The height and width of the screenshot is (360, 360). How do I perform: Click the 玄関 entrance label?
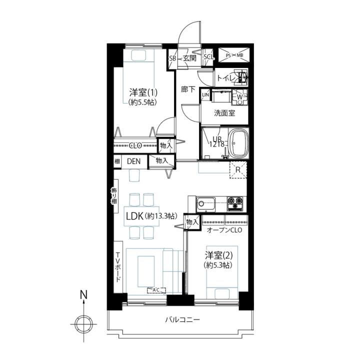tap(189, 58)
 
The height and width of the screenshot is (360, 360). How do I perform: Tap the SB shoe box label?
tap(172, 58)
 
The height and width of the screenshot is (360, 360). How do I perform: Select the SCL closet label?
tap(208, 57)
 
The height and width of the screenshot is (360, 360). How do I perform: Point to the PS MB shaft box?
tap(234, 55)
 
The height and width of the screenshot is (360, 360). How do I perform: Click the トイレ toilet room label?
tap(226, 78)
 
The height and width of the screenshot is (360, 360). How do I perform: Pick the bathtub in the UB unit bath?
tap(239, 143)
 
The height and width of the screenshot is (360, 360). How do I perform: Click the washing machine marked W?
tap(239, 97)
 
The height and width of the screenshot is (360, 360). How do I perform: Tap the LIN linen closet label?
tap(205, 94)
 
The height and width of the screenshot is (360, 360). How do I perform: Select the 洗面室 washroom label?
tap(224, 113)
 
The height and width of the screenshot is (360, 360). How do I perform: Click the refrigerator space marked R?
tap(238, 170)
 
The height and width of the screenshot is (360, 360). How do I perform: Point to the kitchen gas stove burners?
tap(235, 203)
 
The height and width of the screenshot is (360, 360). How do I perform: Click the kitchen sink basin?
tap(205, 204)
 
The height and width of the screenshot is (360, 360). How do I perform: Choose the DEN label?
tap(133, 161)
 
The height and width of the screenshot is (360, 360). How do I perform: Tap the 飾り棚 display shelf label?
tap(114, 196)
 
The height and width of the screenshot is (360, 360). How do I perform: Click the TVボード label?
tap(118, 267)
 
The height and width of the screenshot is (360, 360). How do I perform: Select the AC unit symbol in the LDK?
tap(156, 290)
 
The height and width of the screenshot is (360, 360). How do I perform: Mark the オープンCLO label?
tap(224, 230)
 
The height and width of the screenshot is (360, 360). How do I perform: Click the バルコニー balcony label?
tap(182, 319)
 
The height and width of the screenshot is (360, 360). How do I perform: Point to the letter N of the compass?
tap(84, 294)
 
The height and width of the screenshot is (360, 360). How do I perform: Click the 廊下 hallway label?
tap(188, 89)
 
